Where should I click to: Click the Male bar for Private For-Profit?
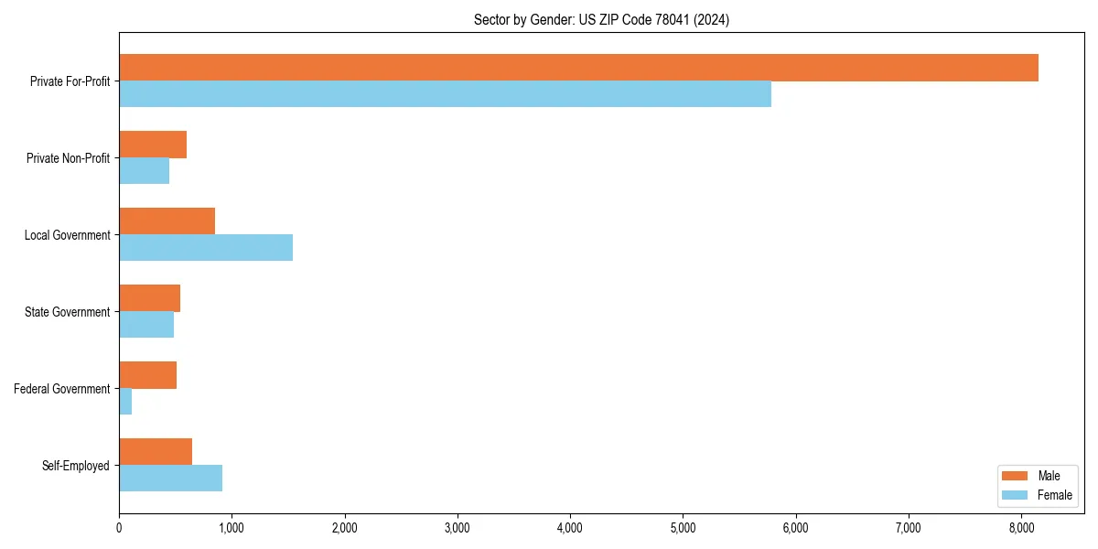pos(578,68)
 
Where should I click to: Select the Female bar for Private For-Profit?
pos(445,94)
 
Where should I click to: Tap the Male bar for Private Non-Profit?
pos(153,145)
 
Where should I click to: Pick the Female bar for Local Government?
pos(206,248)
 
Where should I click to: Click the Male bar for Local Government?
pos(167,221)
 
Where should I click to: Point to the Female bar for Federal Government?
pos(125,402)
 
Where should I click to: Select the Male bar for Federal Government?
pos(147,375)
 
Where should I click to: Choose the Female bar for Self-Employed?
pos(170,479)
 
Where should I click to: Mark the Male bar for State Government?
pos(149,298)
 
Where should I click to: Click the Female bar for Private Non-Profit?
pos(144,171)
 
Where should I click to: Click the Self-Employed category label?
pos(76,466)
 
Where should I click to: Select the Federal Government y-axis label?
pos(62,389)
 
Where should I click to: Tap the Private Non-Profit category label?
pos(69,158)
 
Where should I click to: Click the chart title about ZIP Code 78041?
pos(601,20)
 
